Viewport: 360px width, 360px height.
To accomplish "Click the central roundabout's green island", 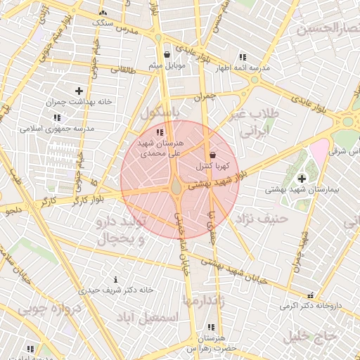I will pos(176,186).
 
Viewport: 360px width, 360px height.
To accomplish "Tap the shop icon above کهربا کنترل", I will pos(212,155).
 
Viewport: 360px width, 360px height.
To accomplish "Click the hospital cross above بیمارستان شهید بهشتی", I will pos(302,179).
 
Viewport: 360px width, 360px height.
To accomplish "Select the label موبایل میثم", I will pos(166,65).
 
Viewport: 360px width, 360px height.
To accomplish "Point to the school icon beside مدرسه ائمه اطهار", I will pos(243,57).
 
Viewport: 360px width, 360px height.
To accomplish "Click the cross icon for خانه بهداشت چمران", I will pos(79,91).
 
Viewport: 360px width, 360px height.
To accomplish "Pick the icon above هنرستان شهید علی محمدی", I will pos(160,132).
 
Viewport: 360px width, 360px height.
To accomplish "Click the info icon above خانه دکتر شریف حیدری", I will pos(115,279).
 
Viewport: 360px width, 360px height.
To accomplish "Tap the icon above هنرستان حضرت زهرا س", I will pos(212,327).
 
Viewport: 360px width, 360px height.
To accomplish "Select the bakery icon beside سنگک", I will pos(103,13).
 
